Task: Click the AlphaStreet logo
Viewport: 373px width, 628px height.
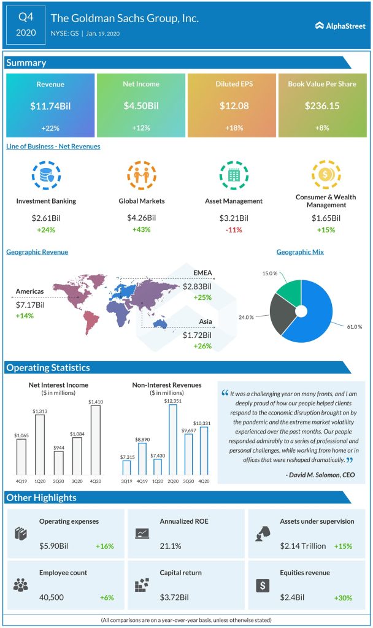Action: click(x=340, y=25)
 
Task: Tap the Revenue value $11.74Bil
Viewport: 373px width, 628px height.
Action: click(x=50, y=106)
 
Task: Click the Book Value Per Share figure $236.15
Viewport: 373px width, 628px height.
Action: click(x=322, y=106)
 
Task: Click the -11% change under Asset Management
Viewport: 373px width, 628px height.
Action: click(x=233, y=229)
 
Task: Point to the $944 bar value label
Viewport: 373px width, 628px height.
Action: click(x=58, y=448)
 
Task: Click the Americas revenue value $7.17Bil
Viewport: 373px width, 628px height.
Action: click(x=30, y=305)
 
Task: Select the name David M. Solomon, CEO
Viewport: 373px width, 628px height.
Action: click(x=320, y=474)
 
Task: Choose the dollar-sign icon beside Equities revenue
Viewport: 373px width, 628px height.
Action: click(x=263, y=585)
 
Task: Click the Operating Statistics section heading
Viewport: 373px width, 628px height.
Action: click(x=48, y=368)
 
